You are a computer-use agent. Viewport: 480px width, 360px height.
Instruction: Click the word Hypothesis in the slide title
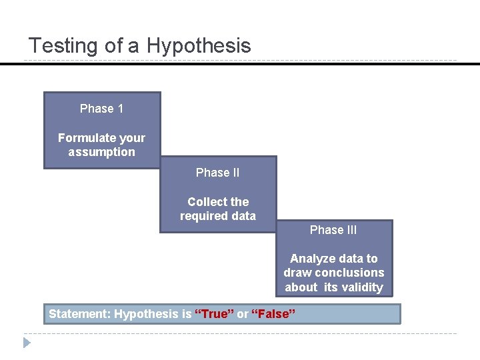(x=199, y=46)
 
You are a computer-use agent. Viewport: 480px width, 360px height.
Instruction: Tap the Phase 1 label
(x=101, y=109)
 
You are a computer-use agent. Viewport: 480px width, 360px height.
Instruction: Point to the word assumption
(x=101, y=152)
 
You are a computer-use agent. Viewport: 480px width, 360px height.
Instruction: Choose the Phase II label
(x=217, y=173)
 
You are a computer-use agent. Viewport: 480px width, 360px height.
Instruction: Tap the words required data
(x=217, y=216)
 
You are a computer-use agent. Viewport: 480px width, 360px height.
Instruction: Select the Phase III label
(x=333, y=230)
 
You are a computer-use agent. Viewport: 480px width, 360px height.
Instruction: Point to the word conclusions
(x=352, y=273)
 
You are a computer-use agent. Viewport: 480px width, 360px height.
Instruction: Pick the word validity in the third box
(x=363, y=287)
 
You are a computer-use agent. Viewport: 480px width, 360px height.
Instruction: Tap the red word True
(x=214, y=314)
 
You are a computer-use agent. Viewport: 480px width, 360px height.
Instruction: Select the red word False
(x=274, y=314)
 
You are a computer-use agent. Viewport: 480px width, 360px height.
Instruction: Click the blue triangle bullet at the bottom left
(x=27, y=343)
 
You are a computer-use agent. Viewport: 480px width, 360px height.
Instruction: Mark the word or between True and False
(x=243, y=314)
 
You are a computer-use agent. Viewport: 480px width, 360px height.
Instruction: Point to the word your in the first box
(x=133, y=138)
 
